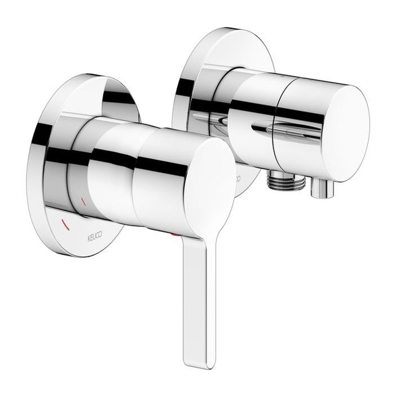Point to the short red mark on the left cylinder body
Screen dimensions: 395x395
(85, 201)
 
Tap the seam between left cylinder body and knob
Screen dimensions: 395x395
(136, 169)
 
